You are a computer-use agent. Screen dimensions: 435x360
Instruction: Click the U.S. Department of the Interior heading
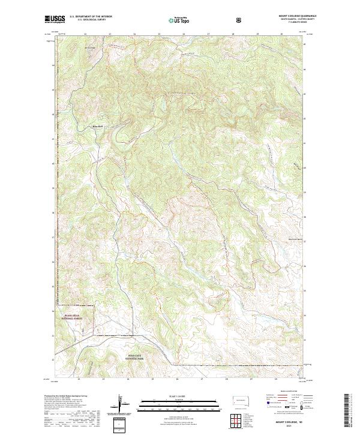89,17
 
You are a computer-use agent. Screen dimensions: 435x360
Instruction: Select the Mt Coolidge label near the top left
90,47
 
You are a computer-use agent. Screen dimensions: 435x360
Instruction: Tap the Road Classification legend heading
287,395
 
